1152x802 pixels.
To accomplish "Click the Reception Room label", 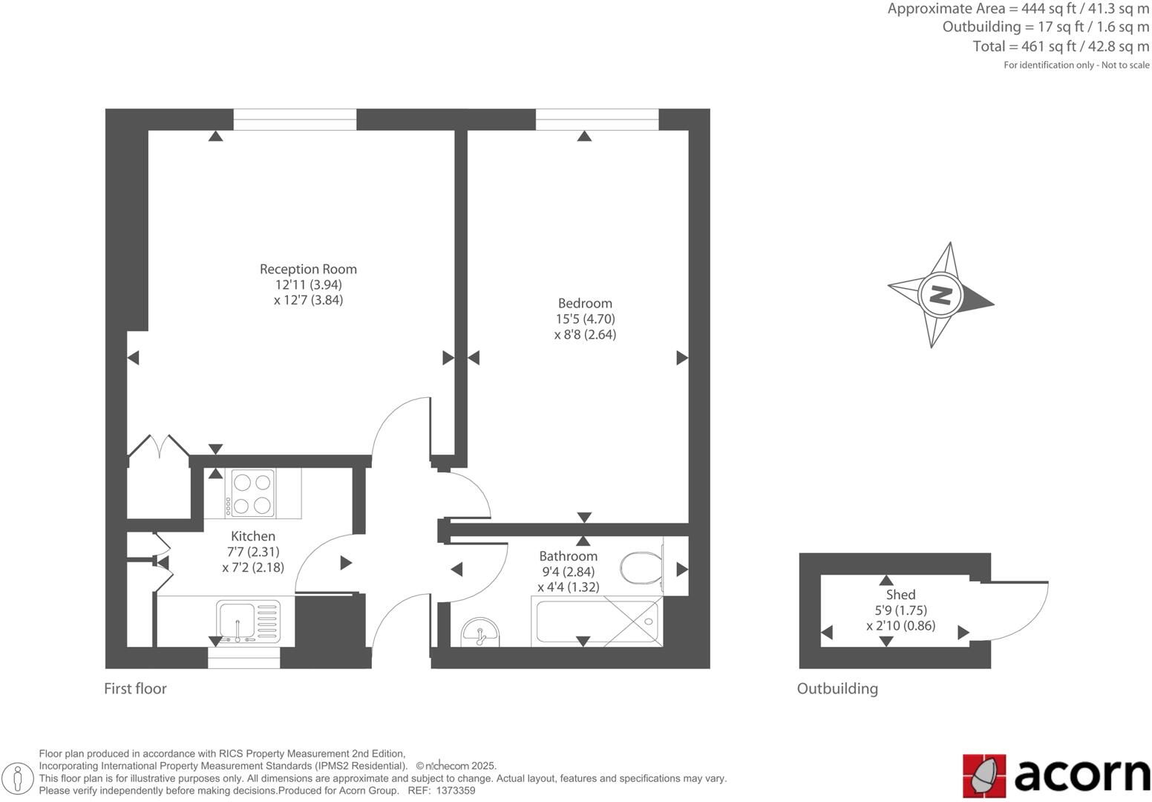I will click(308, 269).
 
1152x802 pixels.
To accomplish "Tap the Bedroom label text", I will click(585, 303).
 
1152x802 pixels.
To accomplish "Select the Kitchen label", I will click(253, 536).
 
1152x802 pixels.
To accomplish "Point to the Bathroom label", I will click(568, 556).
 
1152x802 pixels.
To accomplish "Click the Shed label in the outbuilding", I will click(900, 595).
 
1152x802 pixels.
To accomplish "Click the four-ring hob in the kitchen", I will click(252, 494).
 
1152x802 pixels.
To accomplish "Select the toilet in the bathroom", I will click(640, 567).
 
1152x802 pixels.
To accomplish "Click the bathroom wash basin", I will click(480, 633).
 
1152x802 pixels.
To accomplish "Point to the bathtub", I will click(597, 622).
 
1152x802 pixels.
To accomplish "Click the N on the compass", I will click(940, 295).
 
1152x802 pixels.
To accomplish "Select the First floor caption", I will click(135, 688).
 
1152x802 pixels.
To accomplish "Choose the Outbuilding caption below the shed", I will click(837, 688).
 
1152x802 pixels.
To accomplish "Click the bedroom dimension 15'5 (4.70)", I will click(585, 319).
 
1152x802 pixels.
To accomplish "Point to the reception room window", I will click(295, 120).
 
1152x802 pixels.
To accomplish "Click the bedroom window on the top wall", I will click(597, 120).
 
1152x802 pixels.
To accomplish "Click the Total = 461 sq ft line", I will click(1061, 46).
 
